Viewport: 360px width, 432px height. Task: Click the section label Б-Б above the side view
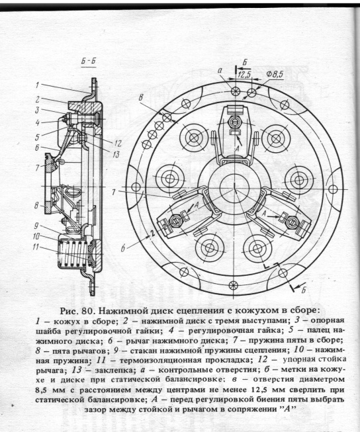coord(89,61)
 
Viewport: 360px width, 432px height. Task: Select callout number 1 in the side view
coord(37,85)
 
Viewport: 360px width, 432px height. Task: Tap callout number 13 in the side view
coord(116,155)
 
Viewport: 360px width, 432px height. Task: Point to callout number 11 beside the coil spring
coord(35,247)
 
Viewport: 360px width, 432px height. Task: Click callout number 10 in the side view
coord(36,236)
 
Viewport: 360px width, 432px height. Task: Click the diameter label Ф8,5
coord(275,74)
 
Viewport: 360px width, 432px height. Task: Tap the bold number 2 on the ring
coord(152,234)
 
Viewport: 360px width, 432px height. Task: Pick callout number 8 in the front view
coord(141,97)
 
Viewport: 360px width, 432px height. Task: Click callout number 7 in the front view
coord(114,192)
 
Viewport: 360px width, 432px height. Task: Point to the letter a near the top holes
coord(220,71)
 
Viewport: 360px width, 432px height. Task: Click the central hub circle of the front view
coord(234,188)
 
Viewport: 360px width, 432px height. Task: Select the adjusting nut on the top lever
coord(234,121)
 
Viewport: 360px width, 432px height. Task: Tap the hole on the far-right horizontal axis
coord(333,189)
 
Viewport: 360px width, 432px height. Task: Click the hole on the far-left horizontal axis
coord(136,187)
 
